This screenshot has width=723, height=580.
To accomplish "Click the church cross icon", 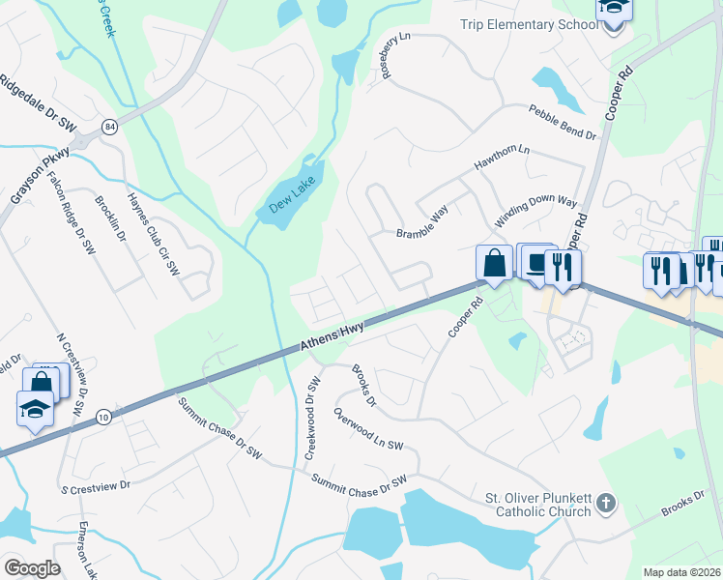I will tap(605, 501).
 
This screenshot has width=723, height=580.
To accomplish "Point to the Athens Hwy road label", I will tap(331, 337).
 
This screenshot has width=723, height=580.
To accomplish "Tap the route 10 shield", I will tap(103, 417).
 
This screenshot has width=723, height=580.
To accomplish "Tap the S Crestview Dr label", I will tap(94, 484).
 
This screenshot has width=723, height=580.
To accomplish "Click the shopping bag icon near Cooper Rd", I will tap(494, 263).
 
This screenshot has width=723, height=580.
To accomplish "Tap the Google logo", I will tap(32, 567).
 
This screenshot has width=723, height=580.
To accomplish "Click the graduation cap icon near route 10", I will tap(36, 408).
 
